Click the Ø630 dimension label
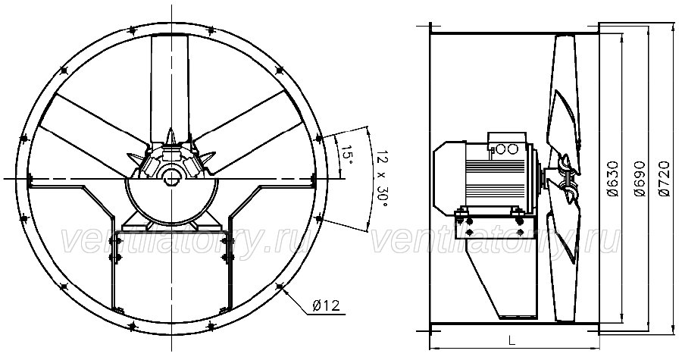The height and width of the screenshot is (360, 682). coord(613,179)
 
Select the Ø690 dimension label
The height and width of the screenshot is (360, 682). coord(640,179)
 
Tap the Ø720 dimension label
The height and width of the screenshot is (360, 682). coord(664,179)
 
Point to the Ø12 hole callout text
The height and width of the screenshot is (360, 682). coord(326,305)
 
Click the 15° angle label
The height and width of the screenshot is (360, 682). coord(346,154)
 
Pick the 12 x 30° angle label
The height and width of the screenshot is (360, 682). coord(382,179)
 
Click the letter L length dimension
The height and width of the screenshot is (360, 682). coord(512,340)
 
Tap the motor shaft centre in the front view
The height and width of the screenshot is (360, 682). coord(171,178)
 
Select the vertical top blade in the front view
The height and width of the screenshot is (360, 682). coord(170,87)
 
